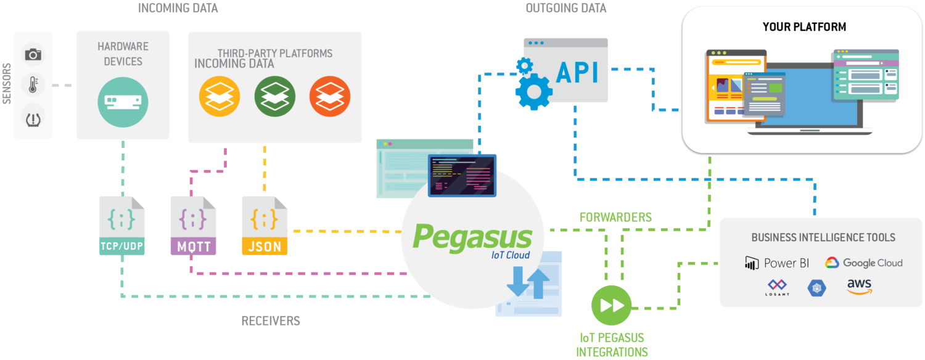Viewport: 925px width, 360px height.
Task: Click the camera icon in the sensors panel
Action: click(x=33, y=55)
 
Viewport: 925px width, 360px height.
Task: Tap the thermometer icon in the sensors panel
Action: click(x=33, y=85)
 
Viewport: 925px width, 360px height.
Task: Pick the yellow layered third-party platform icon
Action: click(x=220, y=97)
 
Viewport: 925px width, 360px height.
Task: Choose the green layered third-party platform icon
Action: click(x=275, y=97)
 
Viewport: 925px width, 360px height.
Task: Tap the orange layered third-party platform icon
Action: click(x=330, y=97)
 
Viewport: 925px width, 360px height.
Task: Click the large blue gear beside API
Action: click(x=533, y=92)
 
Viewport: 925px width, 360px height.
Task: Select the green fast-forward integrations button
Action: click(x=611, y=305)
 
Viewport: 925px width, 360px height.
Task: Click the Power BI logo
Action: click(x=777, y=263)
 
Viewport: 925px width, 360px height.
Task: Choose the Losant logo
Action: click(x=777, y=287)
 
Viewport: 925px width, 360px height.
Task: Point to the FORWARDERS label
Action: click(x=615, y=218)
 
